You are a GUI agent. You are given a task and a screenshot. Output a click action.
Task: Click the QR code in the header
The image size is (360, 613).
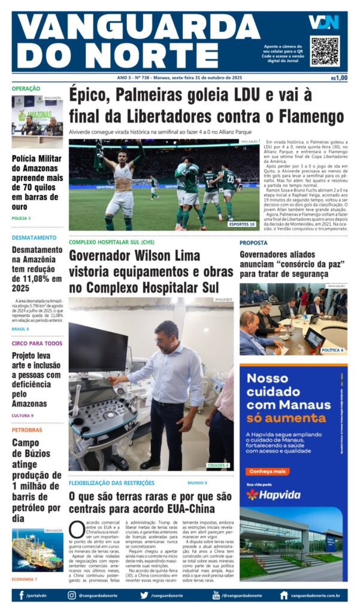[324, 51]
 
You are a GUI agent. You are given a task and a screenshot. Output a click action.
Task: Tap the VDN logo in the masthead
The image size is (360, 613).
[323, 23]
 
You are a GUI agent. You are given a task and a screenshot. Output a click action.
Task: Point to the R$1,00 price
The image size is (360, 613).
[339, 78]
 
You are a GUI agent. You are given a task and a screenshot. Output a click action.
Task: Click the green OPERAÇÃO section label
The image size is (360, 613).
[26, 89]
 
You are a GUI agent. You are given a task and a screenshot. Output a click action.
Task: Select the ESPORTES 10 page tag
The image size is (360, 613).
[242, 224]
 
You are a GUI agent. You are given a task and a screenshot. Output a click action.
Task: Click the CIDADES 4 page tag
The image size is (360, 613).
[218, 465]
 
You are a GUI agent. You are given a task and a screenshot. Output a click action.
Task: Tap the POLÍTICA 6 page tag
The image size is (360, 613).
[332, 350]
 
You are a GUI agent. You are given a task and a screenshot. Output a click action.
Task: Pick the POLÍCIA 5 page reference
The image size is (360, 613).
[21, 218]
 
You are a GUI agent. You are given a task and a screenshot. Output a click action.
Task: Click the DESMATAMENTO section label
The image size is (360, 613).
[34, 237]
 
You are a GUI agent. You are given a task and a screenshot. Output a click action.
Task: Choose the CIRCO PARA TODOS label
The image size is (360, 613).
[37, 343]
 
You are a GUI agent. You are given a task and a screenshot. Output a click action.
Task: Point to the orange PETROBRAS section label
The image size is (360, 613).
[27, 429]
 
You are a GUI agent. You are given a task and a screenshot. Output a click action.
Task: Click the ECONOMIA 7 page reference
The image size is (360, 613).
[24, 579]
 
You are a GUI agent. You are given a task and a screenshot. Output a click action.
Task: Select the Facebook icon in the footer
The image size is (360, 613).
[22, 596]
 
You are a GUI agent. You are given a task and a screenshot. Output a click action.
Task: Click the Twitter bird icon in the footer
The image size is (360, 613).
[144, 596]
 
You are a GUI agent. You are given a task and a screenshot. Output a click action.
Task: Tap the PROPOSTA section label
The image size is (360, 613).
[253, 242]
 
